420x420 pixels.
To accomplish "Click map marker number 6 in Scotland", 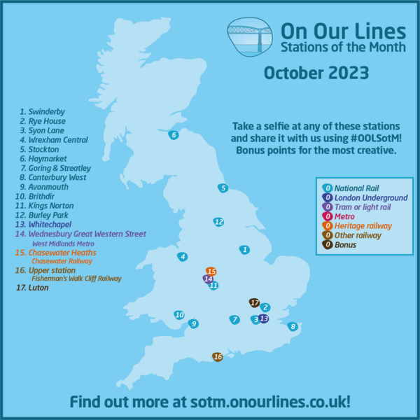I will (174, 135).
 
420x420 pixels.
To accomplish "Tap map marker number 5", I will (223, 188).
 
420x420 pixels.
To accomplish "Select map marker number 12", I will (218, 222).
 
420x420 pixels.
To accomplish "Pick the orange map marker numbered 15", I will (211, 271).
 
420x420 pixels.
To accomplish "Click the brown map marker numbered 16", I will (218, 357).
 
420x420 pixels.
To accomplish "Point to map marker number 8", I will (293, 326).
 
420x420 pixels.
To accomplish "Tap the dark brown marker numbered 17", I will (254, 302).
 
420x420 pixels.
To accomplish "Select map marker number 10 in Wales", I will (179, 315).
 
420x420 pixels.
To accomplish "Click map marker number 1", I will (244, 249).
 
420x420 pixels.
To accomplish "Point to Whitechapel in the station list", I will (48, 224).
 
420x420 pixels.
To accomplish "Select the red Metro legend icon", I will (327, 216).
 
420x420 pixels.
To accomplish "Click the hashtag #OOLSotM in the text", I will (364, 139).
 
